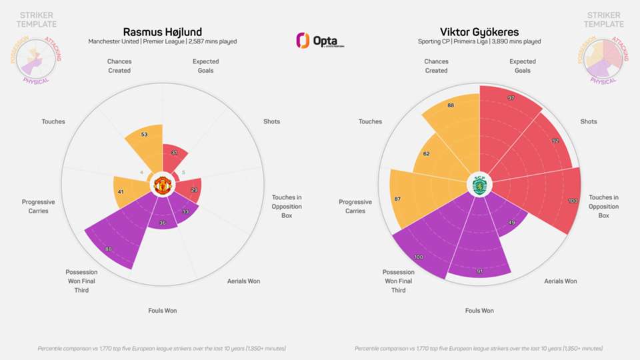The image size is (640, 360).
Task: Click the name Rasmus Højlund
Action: pos(163,31)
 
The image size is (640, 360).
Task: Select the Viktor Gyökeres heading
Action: pos(479,31)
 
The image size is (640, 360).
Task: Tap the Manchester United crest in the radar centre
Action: pos(163,185)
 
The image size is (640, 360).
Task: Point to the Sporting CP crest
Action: pos(479,185)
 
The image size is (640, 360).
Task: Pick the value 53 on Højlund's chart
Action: pos(145,135)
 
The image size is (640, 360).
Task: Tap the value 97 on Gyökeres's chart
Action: pos(511,98)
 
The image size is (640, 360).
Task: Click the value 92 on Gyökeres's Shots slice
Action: pos(555,141)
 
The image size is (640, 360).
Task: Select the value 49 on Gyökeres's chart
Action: pos(511,222)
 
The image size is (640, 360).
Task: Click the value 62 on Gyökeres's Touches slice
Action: pos(426,154)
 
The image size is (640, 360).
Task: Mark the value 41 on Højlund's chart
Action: pos(121,192)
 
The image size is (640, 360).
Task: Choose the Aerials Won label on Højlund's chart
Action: pos(244,281)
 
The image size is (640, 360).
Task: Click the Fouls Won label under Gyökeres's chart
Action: pos(479,311)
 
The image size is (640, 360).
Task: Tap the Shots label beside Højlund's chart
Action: pos(271,121)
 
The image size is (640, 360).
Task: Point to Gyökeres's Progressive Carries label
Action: pos(355,206)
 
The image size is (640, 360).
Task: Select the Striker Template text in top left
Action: pos(38,19)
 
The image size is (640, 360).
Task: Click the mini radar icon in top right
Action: pos(601,59)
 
